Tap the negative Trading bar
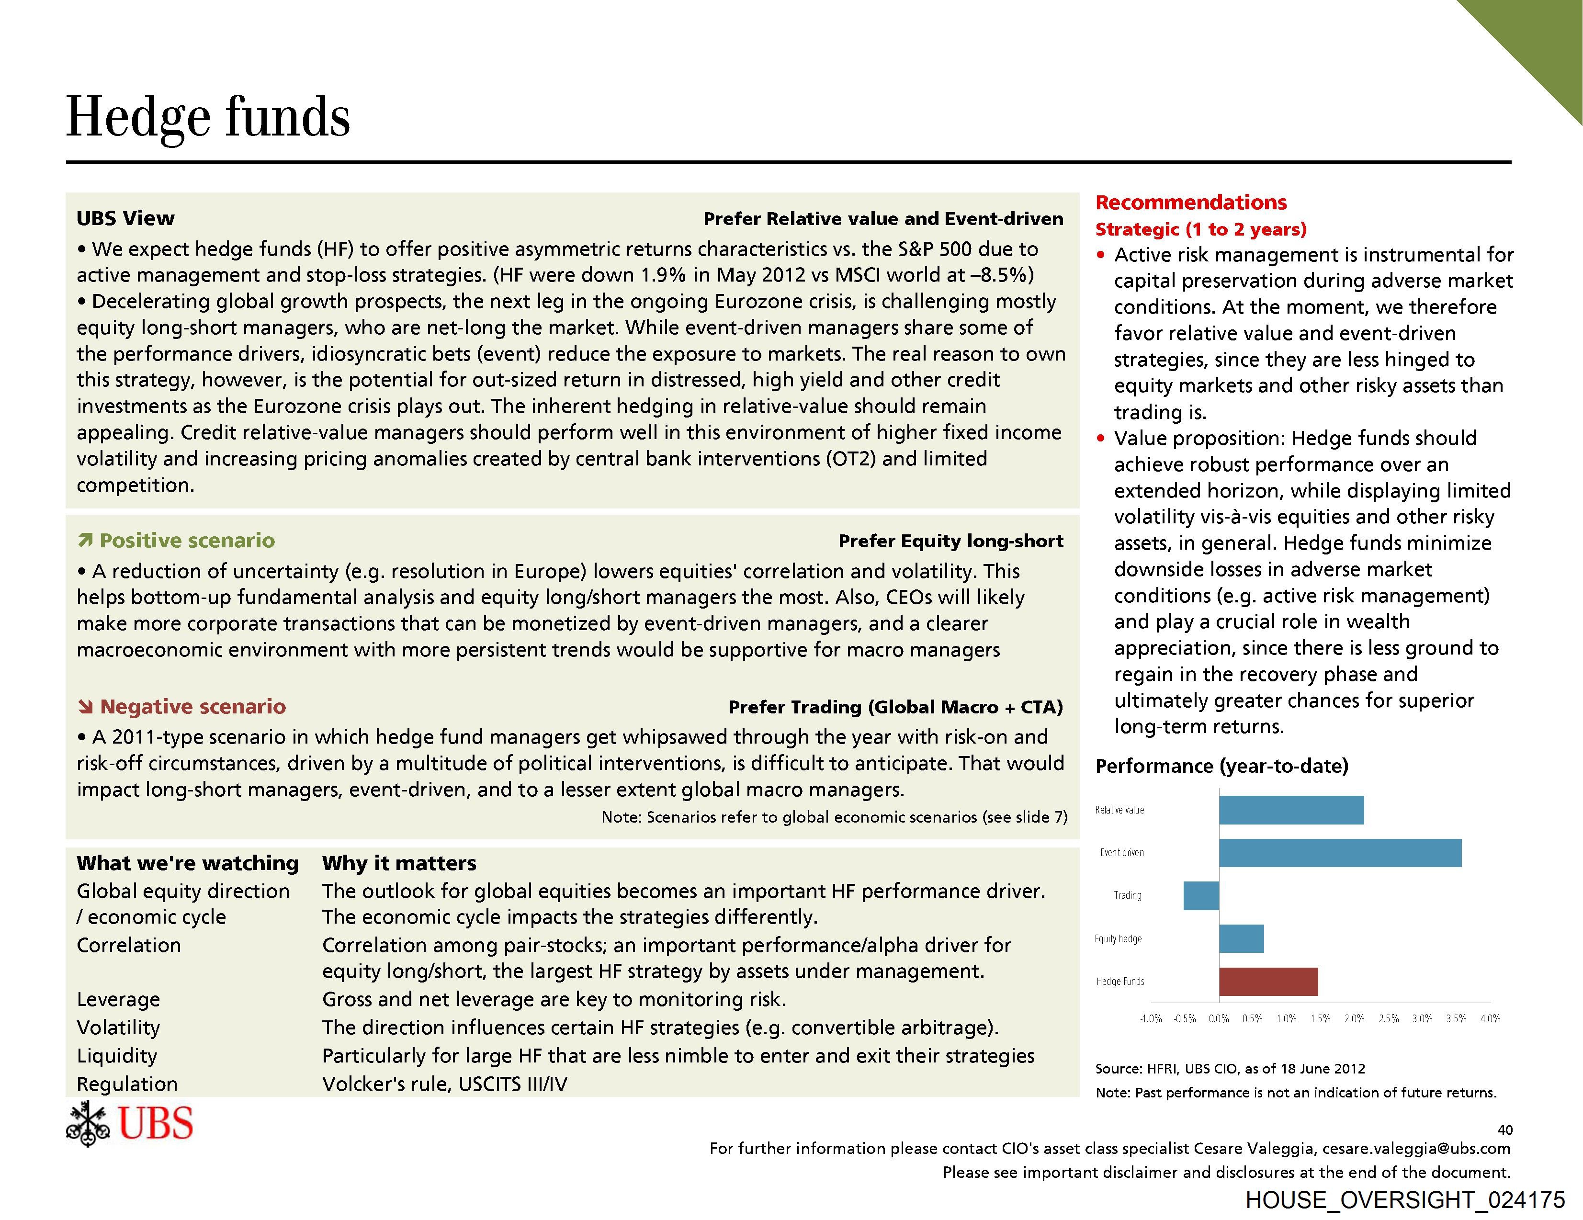point(1201,895)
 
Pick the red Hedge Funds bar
point(1268,982)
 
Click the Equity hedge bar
point(1241,939)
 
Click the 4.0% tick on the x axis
point(1490,1018)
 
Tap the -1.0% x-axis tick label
point(1151,1018)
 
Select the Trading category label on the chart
point(1127,895)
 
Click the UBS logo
point(130,1124)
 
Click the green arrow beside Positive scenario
point(86,540)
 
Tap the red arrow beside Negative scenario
point(86,706)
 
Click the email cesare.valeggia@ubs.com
point(1416,1148)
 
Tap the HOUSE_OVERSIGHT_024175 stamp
point(1405,1200)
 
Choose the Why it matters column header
point(399,863)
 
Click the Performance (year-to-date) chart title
point(1221,766)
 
